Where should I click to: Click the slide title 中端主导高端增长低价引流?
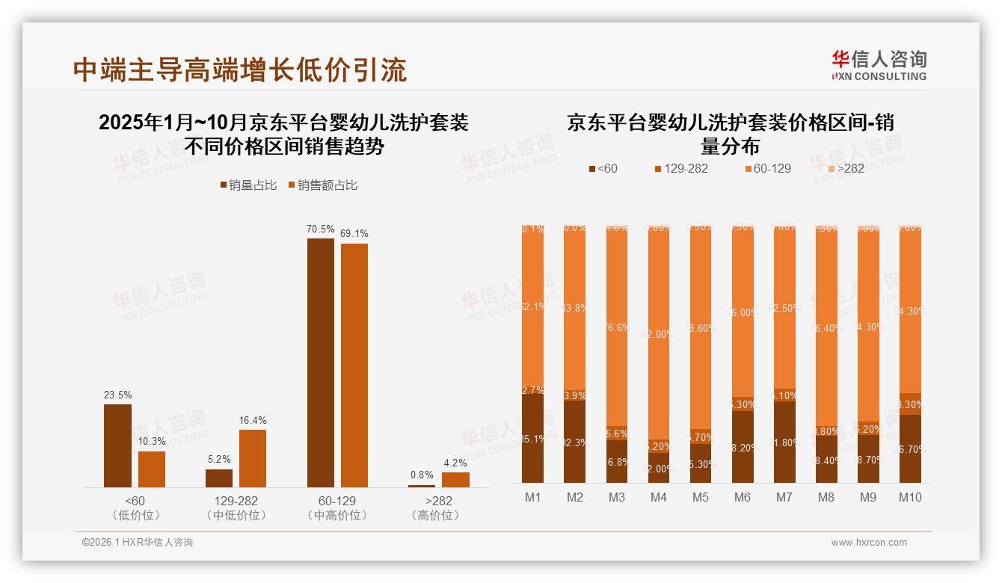coord(240,70)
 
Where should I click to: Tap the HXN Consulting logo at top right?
coord(879,66)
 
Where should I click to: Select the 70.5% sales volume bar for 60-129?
coord(321,363)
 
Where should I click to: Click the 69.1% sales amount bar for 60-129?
coord(354,365)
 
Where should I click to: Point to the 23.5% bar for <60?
coord(117,445)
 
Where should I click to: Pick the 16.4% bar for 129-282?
coord(253,458)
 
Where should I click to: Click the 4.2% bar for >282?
coord(455,480)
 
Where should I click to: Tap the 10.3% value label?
coord(152,441)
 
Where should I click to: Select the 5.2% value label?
coord(219,459)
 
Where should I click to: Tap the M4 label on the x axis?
coord(659,498)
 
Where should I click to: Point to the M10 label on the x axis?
coord(910,498)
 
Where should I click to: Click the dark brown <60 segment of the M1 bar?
coord(533,438)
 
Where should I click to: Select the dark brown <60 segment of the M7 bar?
coord(784,442)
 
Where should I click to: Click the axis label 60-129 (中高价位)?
coord(337,508)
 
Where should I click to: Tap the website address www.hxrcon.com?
coord(868,543)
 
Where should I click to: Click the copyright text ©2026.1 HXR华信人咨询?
coord(138,543)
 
